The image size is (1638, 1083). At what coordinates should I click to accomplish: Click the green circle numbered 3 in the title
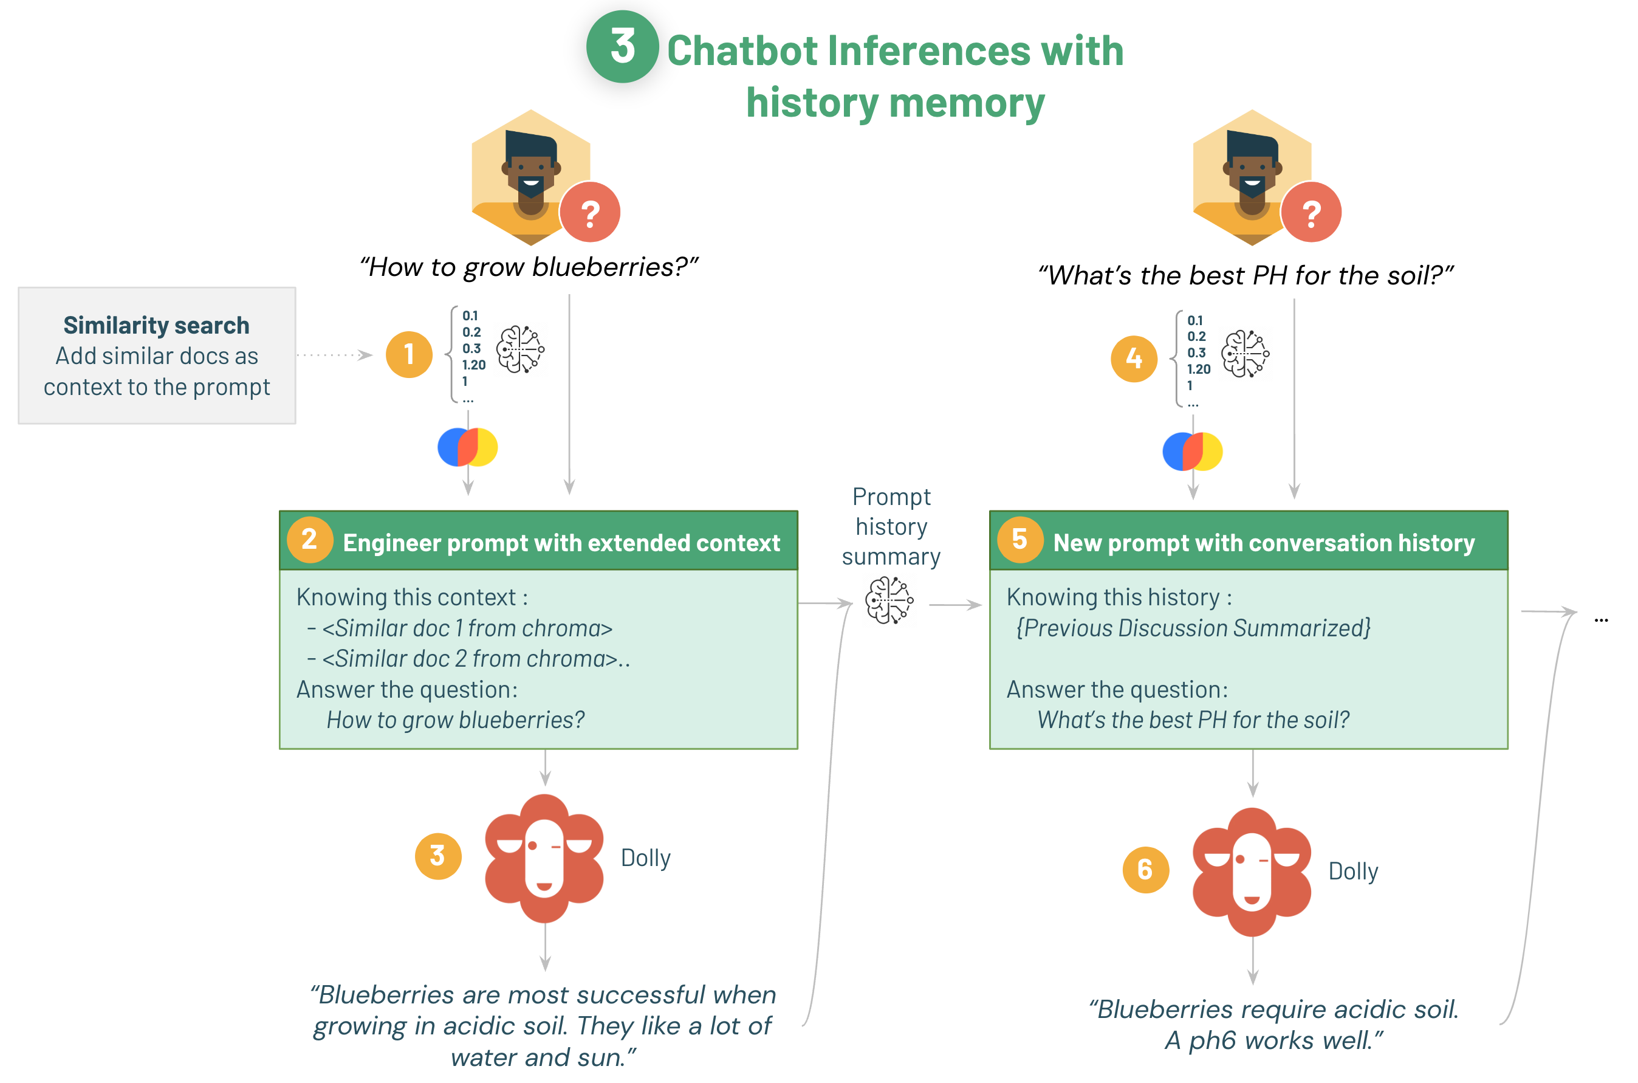tap(622, 47)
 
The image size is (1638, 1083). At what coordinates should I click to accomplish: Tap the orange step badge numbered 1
tap(409, 354)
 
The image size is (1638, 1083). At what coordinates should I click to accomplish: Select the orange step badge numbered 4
tap(1133, 359)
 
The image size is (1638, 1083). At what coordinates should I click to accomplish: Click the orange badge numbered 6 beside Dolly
tap(1145, 870)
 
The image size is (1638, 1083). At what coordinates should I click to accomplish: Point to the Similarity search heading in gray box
tap(156, 325)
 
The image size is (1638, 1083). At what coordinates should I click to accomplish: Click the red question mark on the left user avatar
tap(590, 212)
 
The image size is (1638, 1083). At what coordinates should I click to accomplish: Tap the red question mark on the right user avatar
tap(1311, 212)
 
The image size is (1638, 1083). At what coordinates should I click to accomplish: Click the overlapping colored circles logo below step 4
tap(1192, 452)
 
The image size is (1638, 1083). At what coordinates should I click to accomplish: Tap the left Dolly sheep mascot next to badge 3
tap(544, 858)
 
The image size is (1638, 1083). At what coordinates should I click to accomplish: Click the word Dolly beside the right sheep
tap(1353, 872)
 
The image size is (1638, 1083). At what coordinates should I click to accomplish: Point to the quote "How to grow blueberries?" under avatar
tap(529, 267)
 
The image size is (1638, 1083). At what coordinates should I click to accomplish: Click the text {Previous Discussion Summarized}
tap(1193, 628)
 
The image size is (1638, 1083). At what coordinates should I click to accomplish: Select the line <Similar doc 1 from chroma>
tap(467, 628)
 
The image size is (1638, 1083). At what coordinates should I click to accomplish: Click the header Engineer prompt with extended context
tap(561, 543)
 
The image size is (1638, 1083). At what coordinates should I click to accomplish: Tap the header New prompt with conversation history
tap(1263, 543)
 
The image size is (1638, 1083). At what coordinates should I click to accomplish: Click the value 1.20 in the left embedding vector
tap(474, 365)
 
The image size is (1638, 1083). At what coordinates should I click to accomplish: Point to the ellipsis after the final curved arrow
tap(1601, 619)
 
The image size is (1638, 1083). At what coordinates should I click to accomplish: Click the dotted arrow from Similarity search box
tap(335, 355)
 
